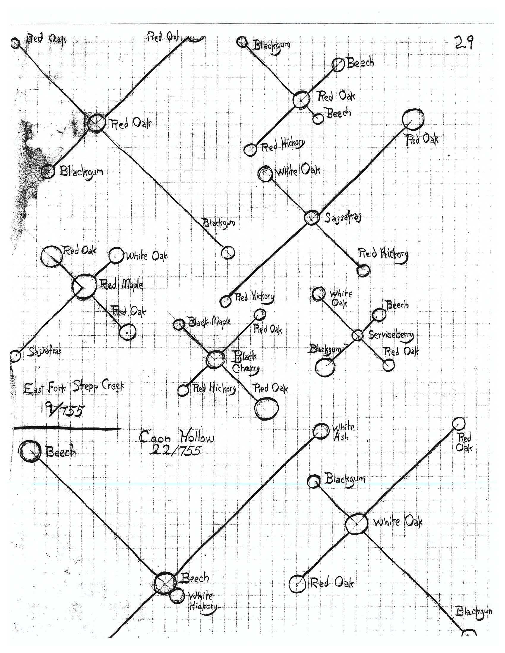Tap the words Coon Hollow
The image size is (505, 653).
point(177,438)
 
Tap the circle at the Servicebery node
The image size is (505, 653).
point(357,335)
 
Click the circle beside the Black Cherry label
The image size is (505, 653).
point(215,359)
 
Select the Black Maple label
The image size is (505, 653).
point(209,322)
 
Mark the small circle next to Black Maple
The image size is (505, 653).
point(179,324)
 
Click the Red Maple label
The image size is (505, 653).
point(121,284)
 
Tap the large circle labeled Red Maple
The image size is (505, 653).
point(84,286)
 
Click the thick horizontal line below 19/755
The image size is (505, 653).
point(67,429)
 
